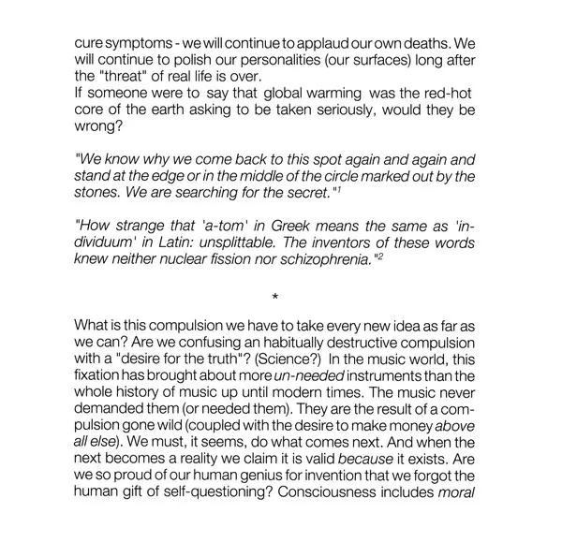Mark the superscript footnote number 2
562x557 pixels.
click(x=379, y=257)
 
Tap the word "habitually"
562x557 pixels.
click(x=311, y=341)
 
